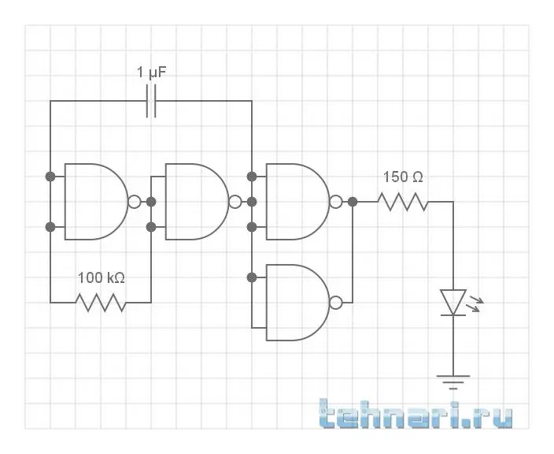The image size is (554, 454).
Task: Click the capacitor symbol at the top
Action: [x=151, y=101]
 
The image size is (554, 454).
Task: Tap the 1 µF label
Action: [x=152, y=73]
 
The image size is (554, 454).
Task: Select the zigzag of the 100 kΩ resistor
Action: [x=102, y=302]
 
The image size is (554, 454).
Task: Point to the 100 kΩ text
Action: [x=102, y=277]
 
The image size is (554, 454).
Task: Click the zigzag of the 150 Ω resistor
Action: [x=403, y=202]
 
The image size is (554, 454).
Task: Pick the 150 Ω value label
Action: [x=404, y=177]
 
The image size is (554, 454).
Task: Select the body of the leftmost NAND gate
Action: [x=93, y=202]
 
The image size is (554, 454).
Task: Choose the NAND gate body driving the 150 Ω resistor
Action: [x=295, y=202]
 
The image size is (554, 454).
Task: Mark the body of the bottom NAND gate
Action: [x=295, y=303]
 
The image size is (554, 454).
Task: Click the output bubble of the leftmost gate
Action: [x=134, y=202]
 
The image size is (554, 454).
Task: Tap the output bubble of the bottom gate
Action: [x=336, y=303]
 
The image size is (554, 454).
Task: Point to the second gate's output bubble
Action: [x=235, y=202]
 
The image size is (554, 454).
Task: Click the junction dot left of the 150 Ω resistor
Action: [x=353, y=202]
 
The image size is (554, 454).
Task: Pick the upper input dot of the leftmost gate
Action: [x=50, y=175]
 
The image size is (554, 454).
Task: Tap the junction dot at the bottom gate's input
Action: [x=252, y=277]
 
